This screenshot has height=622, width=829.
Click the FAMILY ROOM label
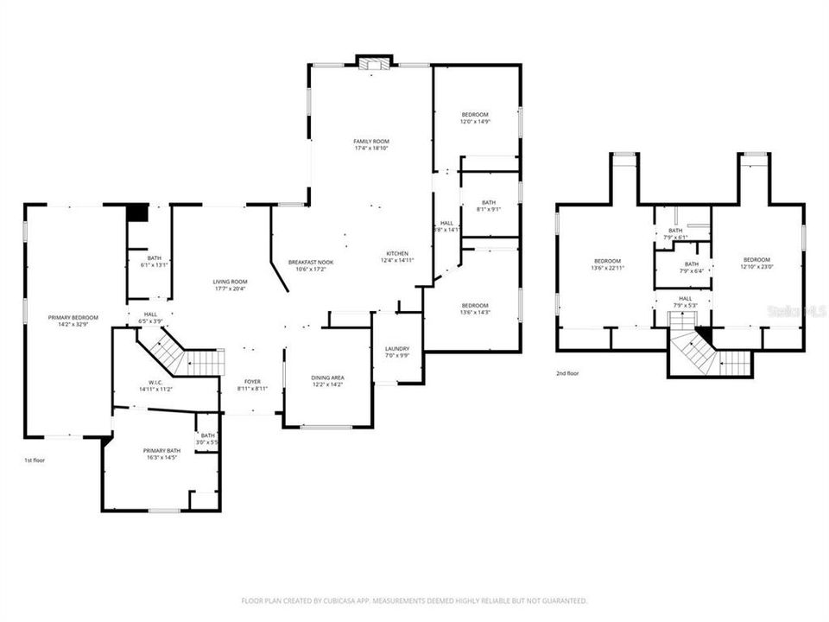371,141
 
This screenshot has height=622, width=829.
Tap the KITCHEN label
397,252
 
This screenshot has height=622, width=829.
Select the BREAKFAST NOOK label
311,262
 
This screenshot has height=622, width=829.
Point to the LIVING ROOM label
231,282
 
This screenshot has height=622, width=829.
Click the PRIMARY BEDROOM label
73,317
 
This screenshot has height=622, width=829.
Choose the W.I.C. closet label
155,383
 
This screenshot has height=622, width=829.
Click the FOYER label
252,381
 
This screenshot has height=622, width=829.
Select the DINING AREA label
328,378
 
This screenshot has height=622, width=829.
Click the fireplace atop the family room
373,63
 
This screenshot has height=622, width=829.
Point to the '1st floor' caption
35,460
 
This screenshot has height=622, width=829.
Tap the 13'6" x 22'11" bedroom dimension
607,268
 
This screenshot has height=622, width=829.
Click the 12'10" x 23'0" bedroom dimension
756,267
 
